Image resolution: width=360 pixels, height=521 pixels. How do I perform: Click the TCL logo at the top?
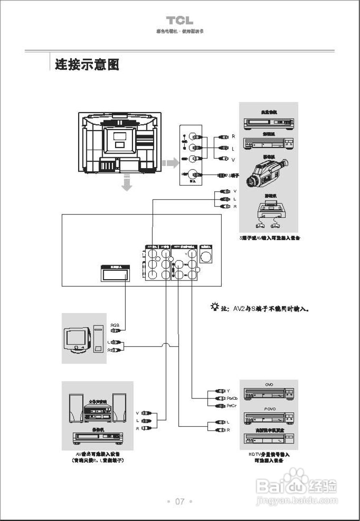(179, 21)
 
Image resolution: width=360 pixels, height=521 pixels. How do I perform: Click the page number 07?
(180, 501)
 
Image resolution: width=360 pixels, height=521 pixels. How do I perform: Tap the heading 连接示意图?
(87, 64)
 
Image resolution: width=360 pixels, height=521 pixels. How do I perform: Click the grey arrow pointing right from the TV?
(171, 164)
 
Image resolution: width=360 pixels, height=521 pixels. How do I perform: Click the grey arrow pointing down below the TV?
(127, 182)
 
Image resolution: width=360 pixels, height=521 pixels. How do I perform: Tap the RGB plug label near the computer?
(115, 325)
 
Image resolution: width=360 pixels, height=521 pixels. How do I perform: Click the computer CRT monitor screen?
(76, 337)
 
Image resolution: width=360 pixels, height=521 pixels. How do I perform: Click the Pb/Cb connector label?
(232, 398)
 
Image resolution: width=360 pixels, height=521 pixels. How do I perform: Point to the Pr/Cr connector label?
(232, 406)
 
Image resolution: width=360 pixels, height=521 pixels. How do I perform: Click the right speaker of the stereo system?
(119, 408)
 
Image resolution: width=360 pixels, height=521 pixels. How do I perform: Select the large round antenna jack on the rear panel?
(207, 257)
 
